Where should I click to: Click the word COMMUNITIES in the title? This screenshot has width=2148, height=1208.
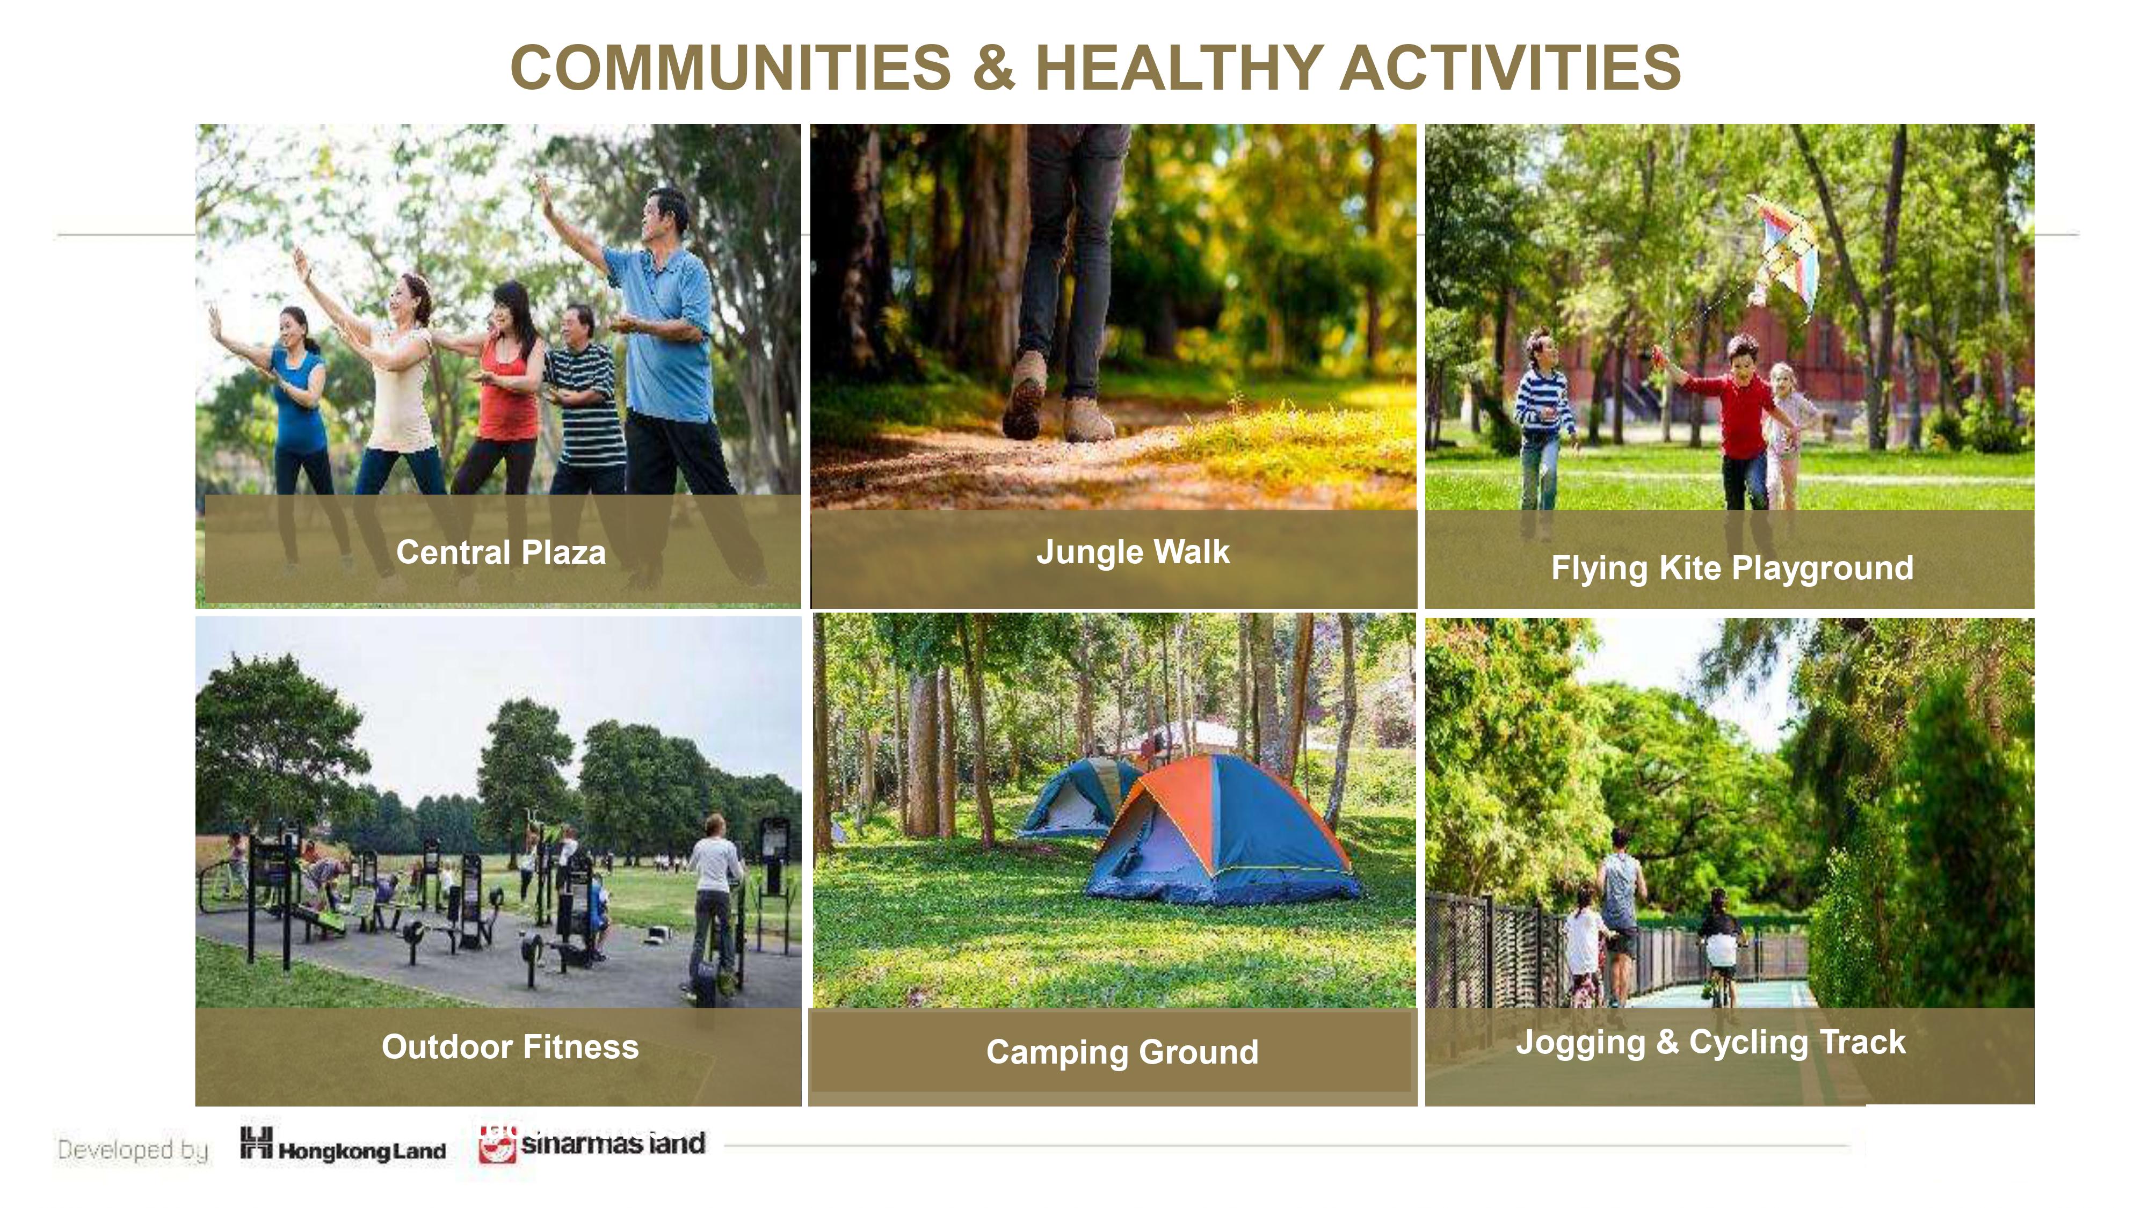pyautogui.click(x=730, y=68)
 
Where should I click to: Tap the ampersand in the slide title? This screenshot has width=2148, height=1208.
pyautogui.click(x=993, y=68)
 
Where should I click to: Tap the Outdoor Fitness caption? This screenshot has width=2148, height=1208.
pyautogui.click(x=510, y=1047)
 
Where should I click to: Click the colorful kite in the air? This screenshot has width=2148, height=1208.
pyautogui.click(x=1786, y=254)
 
